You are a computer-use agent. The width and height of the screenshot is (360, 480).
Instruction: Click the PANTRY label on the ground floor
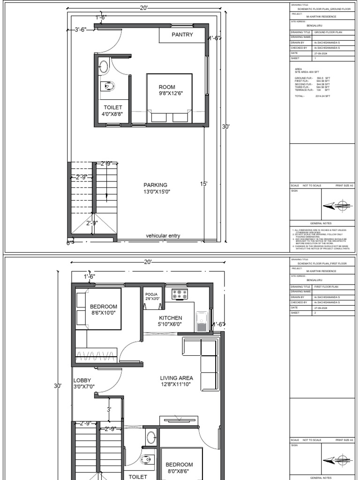tap(182, 35)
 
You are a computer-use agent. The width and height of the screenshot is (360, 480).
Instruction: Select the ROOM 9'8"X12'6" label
tap(167, 90)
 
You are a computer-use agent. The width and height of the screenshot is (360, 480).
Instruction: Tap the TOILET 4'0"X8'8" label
tap(112, 111)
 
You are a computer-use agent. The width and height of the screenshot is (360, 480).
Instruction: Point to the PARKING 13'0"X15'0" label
tap(156, 188)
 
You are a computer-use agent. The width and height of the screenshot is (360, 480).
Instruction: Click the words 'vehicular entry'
tap(163, 236)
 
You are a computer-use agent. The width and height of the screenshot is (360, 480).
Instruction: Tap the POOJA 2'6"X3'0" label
tap(152, 296)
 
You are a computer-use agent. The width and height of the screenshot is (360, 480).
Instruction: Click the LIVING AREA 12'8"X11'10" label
tap(176, 381)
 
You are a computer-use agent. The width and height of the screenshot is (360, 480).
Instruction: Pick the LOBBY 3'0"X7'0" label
tap(84, 383)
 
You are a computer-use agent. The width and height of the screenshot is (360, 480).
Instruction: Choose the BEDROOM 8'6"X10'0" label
tap(104, 309)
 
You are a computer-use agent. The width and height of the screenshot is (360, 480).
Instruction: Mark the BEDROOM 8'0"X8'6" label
tap(179, 468)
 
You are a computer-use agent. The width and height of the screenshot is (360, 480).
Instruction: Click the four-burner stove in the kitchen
tap(180, 294)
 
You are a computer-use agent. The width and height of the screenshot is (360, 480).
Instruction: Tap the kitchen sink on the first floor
tap(202, 321)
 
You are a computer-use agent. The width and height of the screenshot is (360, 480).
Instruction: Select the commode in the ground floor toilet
tap(108, 86)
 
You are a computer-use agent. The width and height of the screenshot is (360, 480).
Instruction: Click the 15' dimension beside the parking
tap(203, 184)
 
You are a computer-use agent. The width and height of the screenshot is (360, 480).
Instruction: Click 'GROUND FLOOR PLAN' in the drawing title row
tap(326, 32)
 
